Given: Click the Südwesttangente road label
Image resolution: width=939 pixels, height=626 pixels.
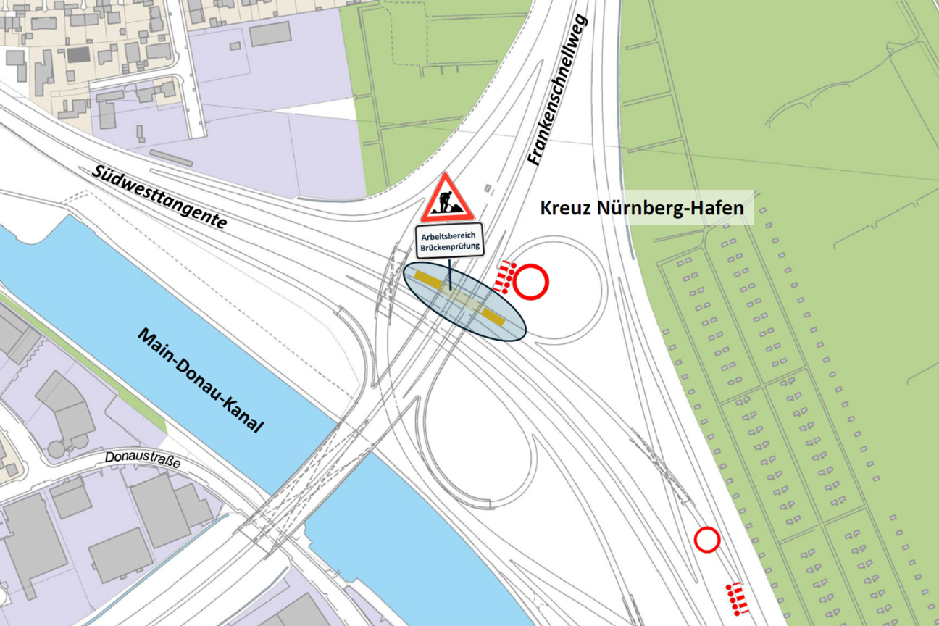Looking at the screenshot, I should (160, 196).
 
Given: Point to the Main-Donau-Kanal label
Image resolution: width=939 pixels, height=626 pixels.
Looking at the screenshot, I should (200, 381).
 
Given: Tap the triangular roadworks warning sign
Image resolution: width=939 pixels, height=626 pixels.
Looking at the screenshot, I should (447, 200).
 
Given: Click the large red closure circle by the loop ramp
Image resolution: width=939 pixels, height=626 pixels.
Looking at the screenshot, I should (531, 282).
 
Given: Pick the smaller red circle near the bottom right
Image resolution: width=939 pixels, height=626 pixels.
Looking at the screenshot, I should (706, 540).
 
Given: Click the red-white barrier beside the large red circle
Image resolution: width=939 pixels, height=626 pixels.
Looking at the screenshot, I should (505, 277).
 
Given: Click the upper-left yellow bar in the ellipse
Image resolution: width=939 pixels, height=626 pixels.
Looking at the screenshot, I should (428, 279).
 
